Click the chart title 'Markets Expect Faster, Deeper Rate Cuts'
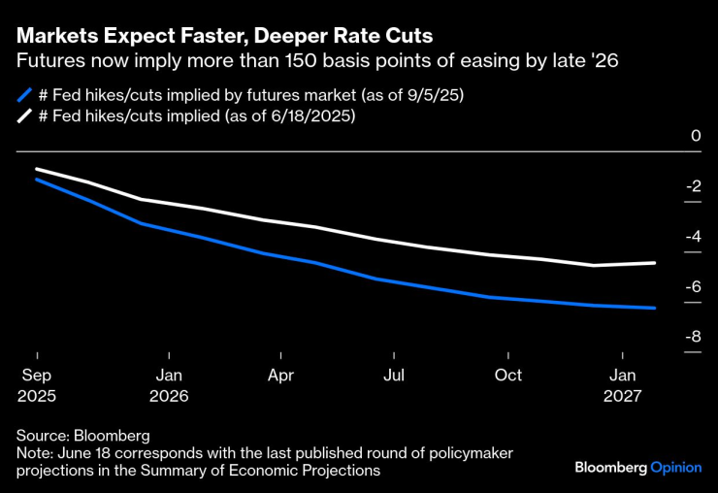(224, 35)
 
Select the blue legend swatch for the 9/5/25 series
(24, 95)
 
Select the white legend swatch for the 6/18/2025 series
(24, 116)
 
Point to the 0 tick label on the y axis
(695, 136)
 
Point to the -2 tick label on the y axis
(692, 186)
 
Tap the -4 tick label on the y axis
(692, 237)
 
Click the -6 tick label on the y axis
(692, 287)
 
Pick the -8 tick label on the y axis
(692, 338)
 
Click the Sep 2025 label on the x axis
(37, 385)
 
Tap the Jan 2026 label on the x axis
(169, 385)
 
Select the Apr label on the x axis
(280, 375)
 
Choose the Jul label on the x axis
(394, 375)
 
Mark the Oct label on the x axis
(507, 375)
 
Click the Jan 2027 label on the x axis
(622, 385)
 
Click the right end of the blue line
(656, 309)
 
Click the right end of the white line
(656, 263)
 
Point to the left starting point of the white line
(37, 169)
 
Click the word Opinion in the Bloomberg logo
(675, 467)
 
